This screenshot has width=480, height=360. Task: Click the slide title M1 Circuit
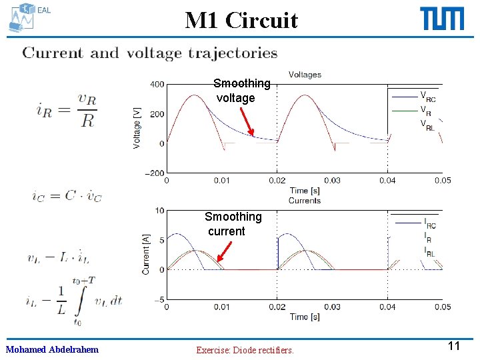click(x=241, y=21)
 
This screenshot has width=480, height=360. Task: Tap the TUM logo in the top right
click(x=442, y=19)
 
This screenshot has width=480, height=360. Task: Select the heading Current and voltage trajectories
click(x=150, y=53)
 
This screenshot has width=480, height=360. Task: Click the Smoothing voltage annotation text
click(x=241, y=91)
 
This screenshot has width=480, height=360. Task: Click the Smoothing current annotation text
click(x=233, y=224)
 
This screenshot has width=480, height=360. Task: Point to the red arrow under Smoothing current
click(x=225, y=254)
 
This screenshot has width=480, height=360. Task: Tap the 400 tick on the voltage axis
click(x=157, y=85)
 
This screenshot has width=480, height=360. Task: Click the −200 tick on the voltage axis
click(x=154, y=173)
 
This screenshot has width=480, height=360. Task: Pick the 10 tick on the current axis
click(x=160, y=211)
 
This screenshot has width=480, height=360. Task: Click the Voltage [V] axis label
click(x=137, y=128)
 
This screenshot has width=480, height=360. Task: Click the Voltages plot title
click(x=305, y=75)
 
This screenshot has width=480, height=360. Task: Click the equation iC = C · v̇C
click(x=67, y=195)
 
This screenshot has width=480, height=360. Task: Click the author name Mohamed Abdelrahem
click(x=52, y=349)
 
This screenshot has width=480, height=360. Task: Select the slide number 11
click(x=455, y=346)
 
